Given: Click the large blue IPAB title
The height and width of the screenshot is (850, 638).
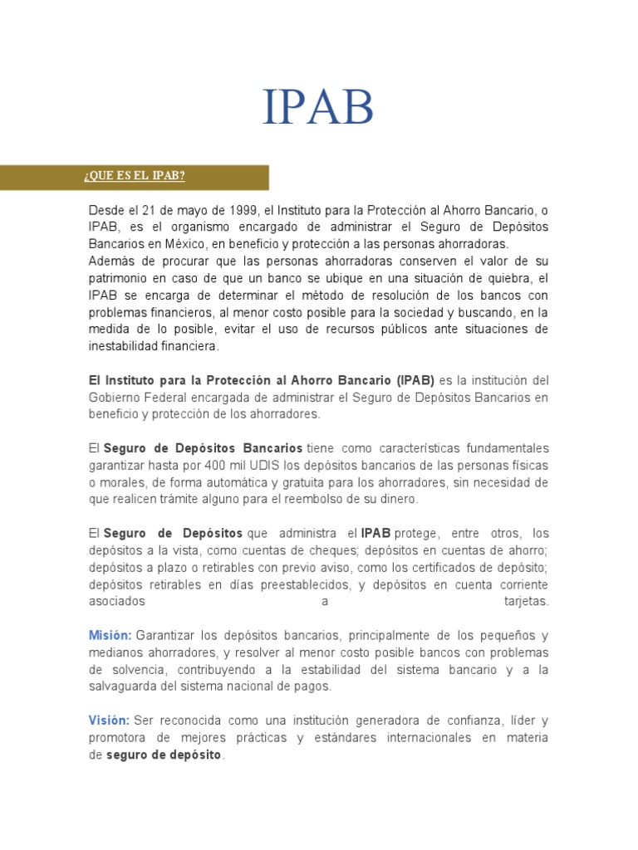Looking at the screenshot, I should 318,109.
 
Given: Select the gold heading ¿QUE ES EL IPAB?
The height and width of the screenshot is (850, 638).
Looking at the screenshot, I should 134,177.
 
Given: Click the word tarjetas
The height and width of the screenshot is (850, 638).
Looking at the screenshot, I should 526,601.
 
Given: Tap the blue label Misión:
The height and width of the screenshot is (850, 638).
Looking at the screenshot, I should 110,635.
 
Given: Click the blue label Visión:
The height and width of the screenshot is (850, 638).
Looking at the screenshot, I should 109,721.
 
